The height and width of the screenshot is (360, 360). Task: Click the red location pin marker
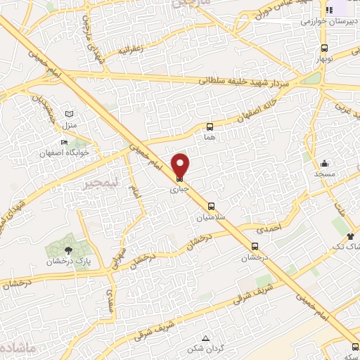pos(181,167)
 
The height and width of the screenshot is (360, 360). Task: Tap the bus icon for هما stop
pos(210,127)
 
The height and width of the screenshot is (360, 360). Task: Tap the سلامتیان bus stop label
pos(211,217)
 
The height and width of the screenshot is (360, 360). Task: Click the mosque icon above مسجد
pos(325,162)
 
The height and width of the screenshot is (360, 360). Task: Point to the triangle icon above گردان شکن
pos(205,338)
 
